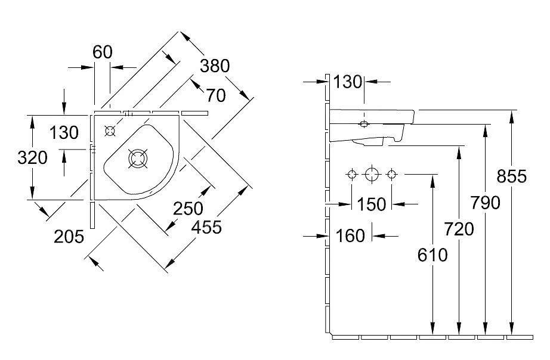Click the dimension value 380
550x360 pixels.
pos(214,66)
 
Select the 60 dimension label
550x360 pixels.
pos(103,52)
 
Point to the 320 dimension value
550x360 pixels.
pos(32,158)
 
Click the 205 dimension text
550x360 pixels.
pos(68,237)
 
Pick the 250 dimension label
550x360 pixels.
pos(188,209)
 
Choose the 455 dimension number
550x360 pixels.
pos(206,226)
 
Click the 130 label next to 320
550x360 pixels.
pos(63,132)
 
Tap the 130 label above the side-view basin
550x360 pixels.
pos(348,82)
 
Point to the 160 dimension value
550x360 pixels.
pos(350,236)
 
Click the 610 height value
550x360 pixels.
pos(432,255)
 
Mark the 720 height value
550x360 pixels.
pos(459,228)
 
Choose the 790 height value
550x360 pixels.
pos(485,203)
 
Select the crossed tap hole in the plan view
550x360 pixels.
pos(110,131)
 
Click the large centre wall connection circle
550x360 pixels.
pos(372,175)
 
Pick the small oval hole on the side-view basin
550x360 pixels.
pos(364,124)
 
